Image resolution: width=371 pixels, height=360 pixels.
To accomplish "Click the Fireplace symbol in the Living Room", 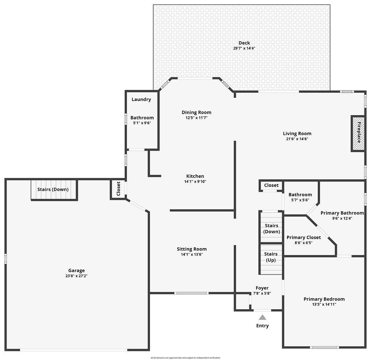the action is (358, 133).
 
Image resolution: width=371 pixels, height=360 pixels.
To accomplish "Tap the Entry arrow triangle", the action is (262, 317).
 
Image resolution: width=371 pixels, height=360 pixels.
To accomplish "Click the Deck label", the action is (244, 43).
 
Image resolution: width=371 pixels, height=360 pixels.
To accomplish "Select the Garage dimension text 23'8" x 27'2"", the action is (76, 276).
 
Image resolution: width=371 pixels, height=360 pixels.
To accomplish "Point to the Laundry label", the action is (141, 99).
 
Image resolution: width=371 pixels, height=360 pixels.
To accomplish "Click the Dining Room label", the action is (196, 112).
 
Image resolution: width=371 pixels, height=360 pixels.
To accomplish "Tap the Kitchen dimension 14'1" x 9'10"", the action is (195, 182).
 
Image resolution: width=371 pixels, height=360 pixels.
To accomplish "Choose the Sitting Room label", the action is (192, 249).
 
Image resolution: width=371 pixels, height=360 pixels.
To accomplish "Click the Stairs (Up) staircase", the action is (271, 259).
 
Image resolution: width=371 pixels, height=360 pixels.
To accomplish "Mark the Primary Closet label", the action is (304, 237).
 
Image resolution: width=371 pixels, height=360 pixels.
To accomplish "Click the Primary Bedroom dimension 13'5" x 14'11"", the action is (324, 305).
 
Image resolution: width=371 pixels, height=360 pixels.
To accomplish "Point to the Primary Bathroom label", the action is (342, 213).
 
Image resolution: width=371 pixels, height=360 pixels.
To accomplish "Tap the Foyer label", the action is (262, 288).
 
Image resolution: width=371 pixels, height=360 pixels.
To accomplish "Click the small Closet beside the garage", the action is (118, 189).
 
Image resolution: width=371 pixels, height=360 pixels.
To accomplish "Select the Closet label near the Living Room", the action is (271, 185).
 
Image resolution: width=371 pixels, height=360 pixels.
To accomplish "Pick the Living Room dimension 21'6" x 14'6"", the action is (297, 139).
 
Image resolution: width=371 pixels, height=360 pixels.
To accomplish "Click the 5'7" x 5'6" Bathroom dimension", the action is (300, 200).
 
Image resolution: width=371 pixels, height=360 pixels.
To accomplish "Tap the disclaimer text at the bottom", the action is (185, 358).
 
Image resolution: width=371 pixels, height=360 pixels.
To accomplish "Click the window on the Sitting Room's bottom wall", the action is (192, 293).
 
